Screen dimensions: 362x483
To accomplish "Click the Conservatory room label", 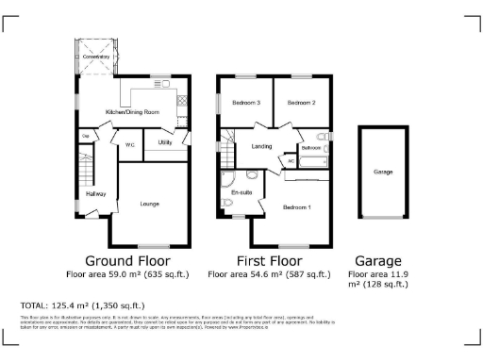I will (x=96, y=58).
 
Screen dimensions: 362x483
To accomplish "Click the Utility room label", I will (x=164, y=142).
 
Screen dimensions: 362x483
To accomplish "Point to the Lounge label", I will (x=149, y=204).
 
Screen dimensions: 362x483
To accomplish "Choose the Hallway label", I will (x=96, y=194).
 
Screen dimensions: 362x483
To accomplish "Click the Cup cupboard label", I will (x=85, y=137).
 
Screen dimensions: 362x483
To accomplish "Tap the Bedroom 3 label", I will (x=245, y=102).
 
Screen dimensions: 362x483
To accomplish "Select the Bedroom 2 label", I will (x=301, y=102).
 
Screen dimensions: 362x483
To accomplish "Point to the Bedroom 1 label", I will (x=296, y=206).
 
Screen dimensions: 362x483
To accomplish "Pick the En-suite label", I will (x=241, y=192).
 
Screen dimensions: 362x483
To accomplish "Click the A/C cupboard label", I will (x=290, y=162).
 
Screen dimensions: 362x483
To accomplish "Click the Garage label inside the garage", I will (x=383, y=173).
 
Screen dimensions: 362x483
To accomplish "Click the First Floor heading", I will (x=270, y=260).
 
